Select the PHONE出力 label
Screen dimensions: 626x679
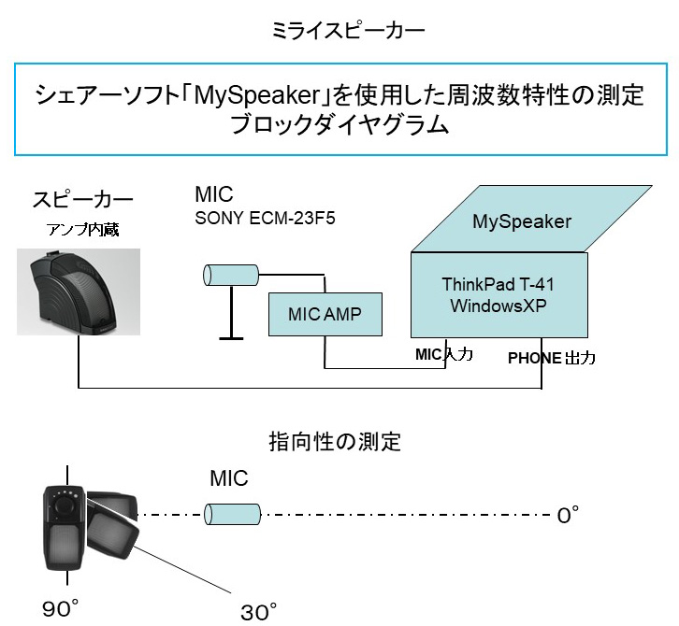pyautogui.click(x=550, y=358)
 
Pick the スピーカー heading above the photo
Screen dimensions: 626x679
pyautogui.click(x=82, y=199)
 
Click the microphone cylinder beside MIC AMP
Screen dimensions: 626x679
pyautogui.click(x=230, y=275)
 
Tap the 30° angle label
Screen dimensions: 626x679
pyautogui.click(x=259, y=612)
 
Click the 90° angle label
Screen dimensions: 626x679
pyautogui.click(x=61, y=609)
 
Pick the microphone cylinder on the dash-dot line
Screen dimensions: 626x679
pyautogui.click(x=232, y=513)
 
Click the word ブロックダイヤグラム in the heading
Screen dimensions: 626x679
pyautogui.click(x=340, y=125)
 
